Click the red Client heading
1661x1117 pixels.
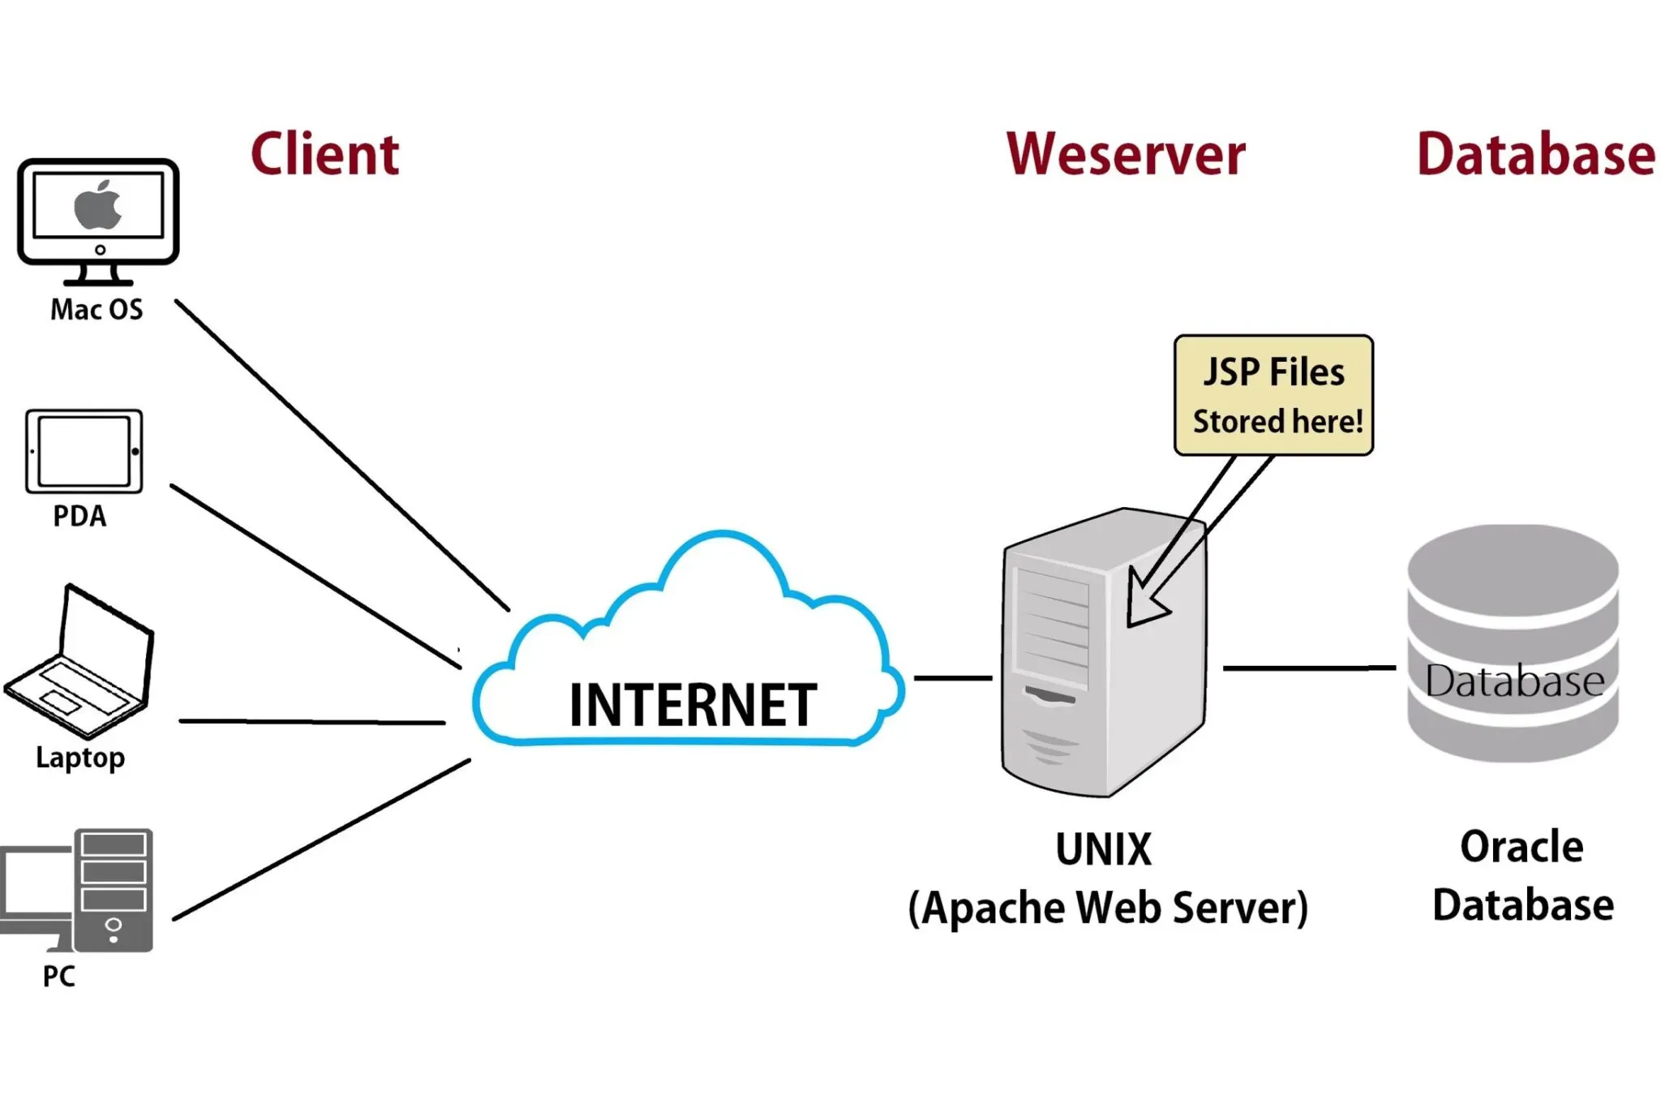(324, 154)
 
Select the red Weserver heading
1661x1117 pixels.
(1125, 154)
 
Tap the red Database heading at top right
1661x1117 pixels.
(1535, 154)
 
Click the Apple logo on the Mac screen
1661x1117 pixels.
(98, 205)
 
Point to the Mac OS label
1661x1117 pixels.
(97, 310)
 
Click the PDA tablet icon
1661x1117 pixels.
(84, 452)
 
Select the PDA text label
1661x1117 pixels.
(79, 517)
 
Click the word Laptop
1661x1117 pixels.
(80, 758)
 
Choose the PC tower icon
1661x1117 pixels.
(114, 890)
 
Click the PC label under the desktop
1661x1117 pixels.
(58, 977)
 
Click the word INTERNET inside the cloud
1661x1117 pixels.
(692, 705)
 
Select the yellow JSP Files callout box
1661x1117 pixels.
(1273, 395)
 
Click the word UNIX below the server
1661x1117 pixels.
(1103, 850)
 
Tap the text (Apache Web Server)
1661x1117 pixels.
(1108, 908)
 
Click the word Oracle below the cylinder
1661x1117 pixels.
(1522, 847)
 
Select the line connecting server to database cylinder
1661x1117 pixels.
(1309, 668)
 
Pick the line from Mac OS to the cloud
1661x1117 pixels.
(341, 454)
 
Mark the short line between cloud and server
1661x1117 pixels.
(953, 677)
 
